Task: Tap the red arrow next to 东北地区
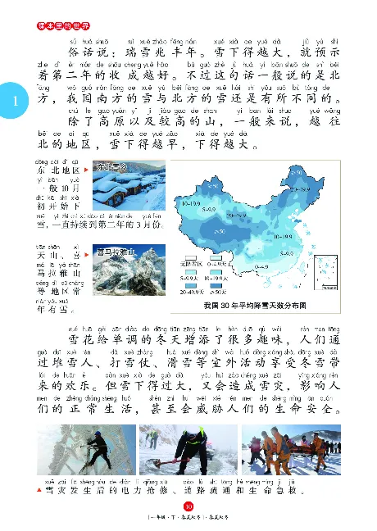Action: [85, 171]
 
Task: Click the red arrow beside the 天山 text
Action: [85, 255]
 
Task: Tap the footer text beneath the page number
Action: [188, 520]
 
